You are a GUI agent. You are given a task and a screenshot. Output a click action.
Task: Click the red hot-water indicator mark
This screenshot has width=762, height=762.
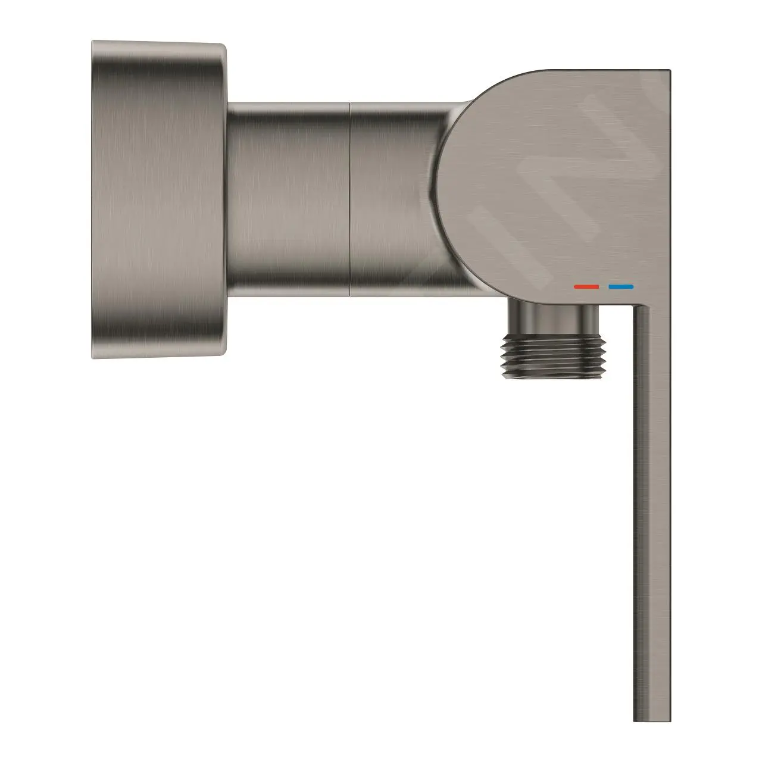(586, 287)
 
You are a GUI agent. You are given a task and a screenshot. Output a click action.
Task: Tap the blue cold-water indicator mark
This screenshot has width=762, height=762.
(621, 287)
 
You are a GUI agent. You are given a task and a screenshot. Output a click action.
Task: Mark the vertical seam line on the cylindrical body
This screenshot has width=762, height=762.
(350, 199)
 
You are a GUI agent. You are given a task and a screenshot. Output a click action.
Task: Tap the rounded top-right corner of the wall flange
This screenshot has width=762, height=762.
(221, 48)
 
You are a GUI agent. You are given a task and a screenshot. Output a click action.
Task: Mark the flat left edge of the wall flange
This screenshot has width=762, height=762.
(93, 199)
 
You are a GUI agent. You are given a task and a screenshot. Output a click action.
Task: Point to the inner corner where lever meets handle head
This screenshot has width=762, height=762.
(635, 306)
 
